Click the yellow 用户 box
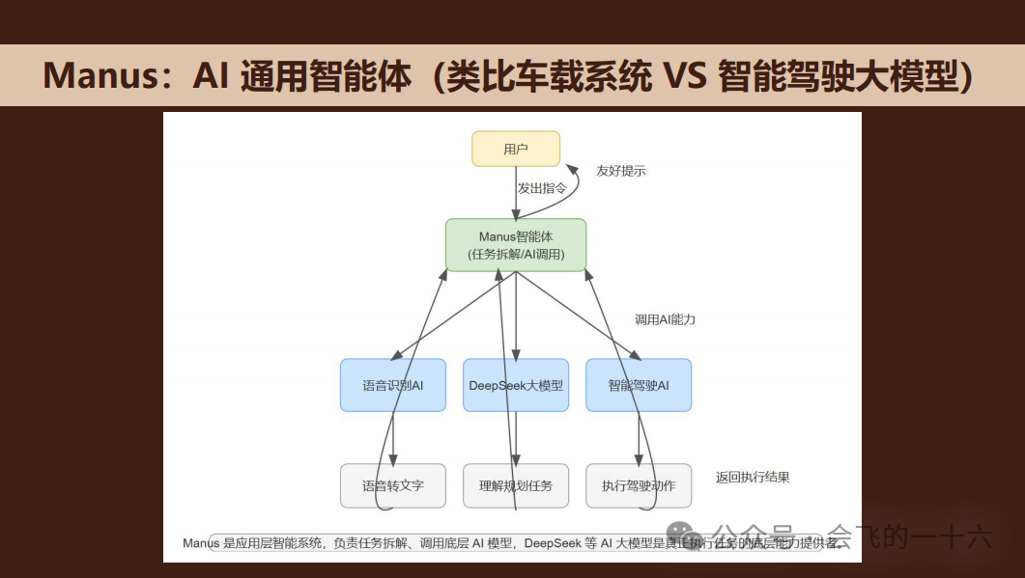coord(515,149)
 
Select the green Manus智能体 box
coord(516,245)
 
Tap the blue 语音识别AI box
coord(393,385)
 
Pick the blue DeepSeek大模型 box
coord(516,385)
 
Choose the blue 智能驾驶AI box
coord(639,385)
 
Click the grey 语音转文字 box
coord(393,485)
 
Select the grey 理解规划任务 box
coord(516,485)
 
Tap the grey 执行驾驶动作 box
coord(639,485)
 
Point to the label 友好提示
coord(621,171)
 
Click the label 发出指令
coord(542,188)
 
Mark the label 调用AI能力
coord(665,319)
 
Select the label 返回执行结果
coord(753,477)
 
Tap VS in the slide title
coord(685,75)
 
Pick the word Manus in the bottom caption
coord(201,543)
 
